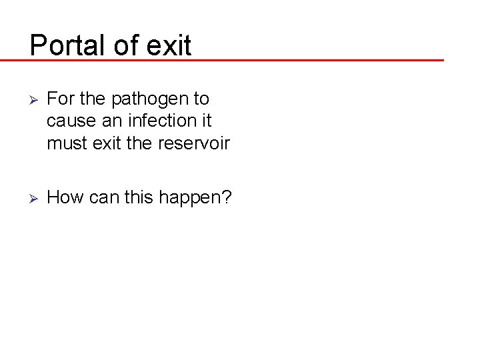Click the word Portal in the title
[x=63, y=45]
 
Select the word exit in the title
[x=167, y=45]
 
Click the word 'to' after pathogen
[x=201, y=99]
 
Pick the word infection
[x=159, y=121]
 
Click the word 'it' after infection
[x=205, y=121]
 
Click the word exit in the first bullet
[x=107, y=143]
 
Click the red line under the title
[x=267, y=60]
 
